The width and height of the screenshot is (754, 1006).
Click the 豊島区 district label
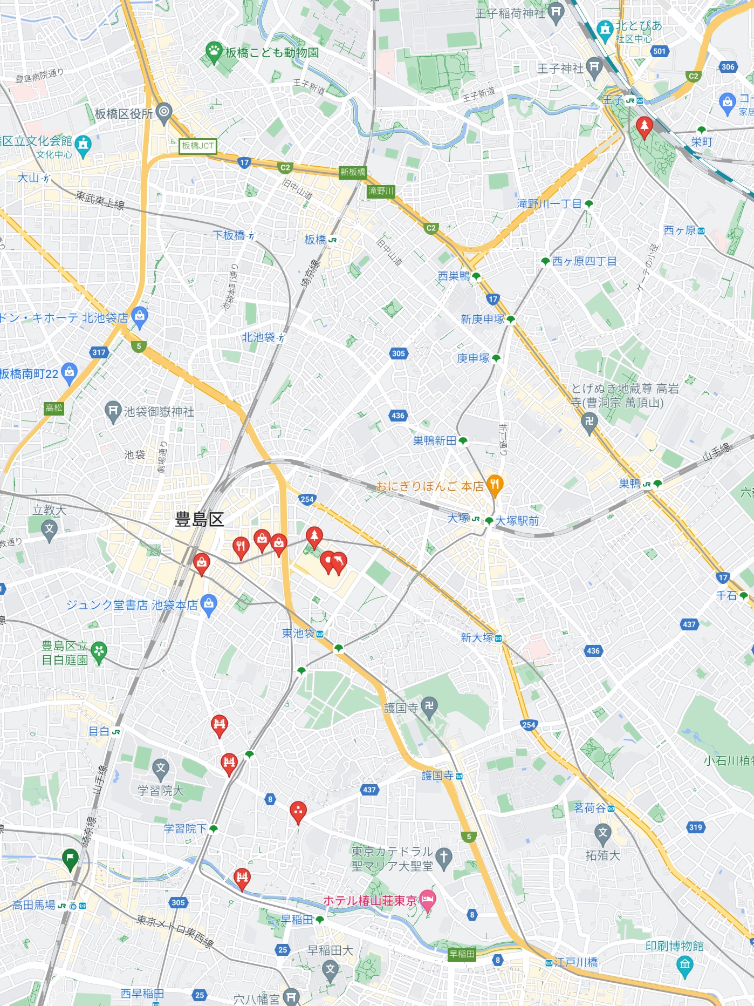point(199,520)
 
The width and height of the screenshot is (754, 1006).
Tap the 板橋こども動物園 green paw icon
point(214,51)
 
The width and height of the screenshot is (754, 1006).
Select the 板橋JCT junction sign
point(198,146)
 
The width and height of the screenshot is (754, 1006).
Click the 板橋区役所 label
point(124,113)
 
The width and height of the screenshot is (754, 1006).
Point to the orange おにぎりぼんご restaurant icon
point(495,484)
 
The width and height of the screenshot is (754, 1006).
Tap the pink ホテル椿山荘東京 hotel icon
point(427,900)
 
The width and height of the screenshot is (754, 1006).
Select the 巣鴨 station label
point(630,484)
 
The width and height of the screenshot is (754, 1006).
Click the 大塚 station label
point(458,518)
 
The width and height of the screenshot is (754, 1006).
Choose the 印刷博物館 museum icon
point(684,963)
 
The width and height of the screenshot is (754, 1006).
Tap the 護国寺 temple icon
point(429,706)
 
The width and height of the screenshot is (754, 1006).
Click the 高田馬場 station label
point(34,905)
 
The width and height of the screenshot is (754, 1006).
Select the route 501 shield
point(659,51)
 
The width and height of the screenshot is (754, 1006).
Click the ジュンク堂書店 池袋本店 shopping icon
point(209,604)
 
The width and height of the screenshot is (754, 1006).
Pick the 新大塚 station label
point(477,638)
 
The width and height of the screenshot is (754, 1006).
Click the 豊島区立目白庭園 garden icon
point(99,651)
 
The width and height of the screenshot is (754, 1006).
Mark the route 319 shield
point(696,827)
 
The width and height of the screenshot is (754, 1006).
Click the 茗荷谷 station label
point(590,808)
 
